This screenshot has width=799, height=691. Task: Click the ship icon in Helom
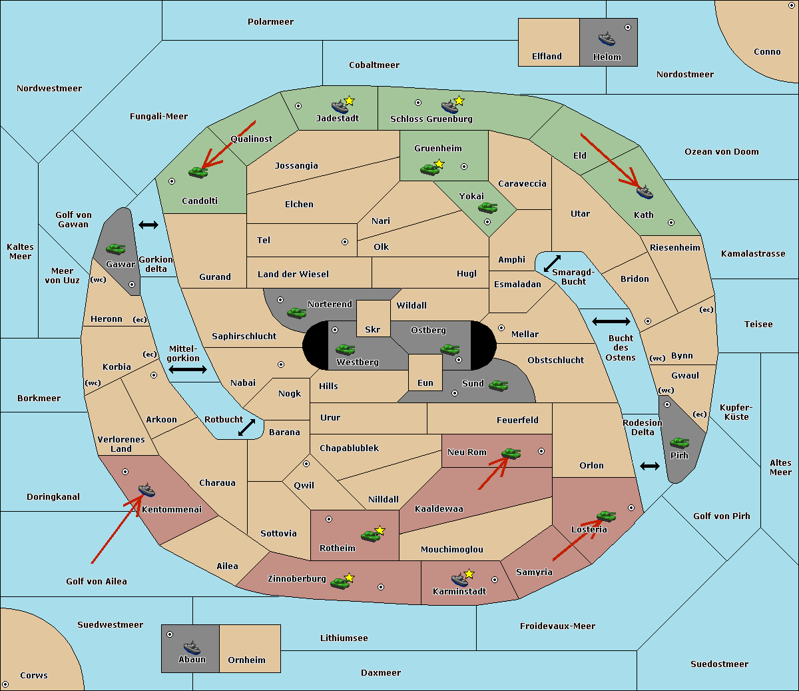(x=607, y=39)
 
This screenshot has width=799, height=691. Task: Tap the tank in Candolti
(x=198, y=172)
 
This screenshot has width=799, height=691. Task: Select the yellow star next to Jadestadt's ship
(x=349, y=101)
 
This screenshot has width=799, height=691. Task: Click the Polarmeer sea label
(x=270, y=22)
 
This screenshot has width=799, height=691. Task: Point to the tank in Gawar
(x=116, y=249)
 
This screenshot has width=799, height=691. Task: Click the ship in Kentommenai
(x=146, y=490)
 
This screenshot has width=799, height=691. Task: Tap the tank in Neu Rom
(x=511, y=453)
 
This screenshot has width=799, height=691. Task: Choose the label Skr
(x=373, y=329)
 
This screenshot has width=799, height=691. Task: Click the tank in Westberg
(x=345, y=349)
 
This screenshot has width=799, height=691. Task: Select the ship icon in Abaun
(x=192, y=647)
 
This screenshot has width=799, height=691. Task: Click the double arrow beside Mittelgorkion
(x=188, y=369)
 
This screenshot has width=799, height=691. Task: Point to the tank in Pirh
(x=679, y=442)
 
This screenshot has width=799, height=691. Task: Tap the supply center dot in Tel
(x=345, y=242)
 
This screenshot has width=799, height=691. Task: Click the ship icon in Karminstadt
(x=459, y=580)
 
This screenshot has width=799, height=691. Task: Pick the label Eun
(x=425, y=382)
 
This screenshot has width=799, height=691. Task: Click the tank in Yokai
(x=488, y=208)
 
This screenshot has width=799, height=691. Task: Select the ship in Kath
(x=645, y=192)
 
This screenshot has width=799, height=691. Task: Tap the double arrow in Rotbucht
(x=247, y=427)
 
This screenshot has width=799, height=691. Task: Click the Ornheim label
(x=246, y=660)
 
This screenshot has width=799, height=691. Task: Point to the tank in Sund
(x=498, y=385)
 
